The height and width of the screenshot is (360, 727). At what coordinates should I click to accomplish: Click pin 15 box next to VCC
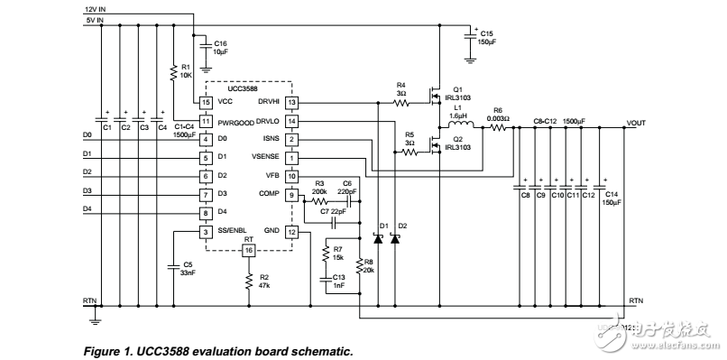pos(206,104)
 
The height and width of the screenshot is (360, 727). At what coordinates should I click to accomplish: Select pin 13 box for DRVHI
pos(291,104)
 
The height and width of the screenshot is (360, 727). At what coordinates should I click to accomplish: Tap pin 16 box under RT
pos(249,249)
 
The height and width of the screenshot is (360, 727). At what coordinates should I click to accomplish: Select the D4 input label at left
pos(87,208)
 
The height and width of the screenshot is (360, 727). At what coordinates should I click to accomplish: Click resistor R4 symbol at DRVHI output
pos(401,104)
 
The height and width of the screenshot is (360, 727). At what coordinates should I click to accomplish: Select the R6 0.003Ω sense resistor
pos(498,128)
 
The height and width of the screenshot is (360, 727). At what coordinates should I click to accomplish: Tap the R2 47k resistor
pos(249,282)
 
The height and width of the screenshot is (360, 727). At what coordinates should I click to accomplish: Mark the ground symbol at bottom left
pos(97,316)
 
